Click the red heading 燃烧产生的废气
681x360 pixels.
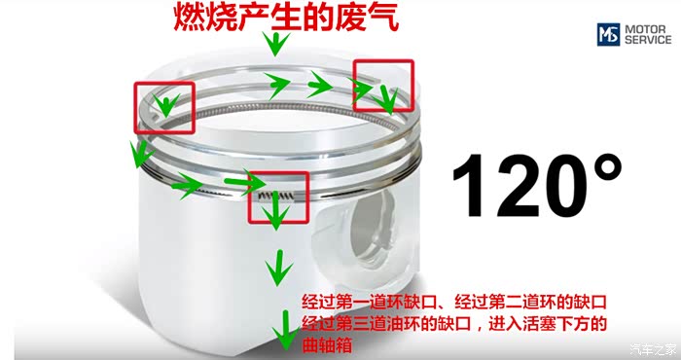click(x=286, y=17)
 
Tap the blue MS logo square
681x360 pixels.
click(x=608, y=34)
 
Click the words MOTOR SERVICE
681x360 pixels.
click(x=648, y=34)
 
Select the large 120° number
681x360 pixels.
click(x=537, y=185)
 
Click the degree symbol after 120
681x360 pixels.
click(x=604, y=167)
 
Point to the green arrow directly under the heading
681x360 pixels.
click(x=275, y=44)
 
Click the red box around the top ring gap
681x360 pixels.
click(x=383, y=86)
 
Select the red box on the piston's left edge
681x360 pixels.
click(x=164, y=108)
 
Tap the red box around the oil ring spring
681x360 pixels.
click(x=278, y=198)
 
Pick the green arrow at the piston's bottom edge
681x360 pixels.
click(x=285, y=330)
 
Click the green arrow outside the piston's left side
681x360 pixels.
click(x=140, y=154)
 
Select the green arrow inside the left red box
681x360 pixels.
click(x=165, y=105)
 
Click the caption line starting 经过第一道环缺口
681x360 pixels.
click(x=454, y=302)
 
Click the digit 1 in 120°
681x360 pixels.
click(x=469, y=186)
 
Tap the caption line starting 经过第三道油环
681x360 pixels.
click(x=454, y=324)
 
